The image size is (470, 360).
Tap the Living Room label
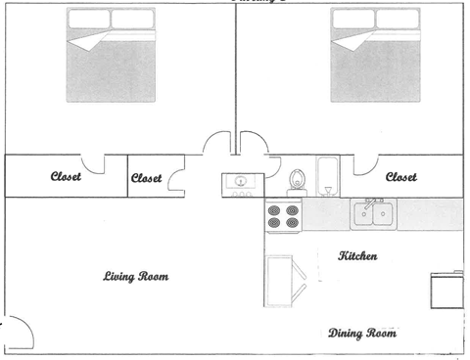point(136,277)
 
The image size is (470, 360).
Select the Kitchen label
point(357,256)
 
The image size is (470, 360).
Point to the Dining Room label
point(362,334)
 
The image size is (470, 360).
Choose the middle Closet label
point(147,178)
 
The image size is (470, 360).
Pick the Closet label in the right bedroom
point(401,177)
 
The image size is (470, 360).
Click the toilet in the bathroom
point(297,181)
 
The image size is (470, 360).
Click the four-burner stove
point(283,216)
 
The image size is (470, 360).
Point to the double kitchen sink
point(374,213)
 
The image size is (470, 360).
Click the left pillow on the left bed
point(88,19)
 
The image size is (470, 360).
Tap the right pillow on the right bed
point(402,19)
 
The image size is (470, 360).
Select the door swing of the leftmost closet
point(93,164)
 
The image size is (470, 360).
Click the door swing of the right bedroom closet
point(364,164)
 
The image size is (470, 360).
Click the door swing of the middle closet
point(179,179)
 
